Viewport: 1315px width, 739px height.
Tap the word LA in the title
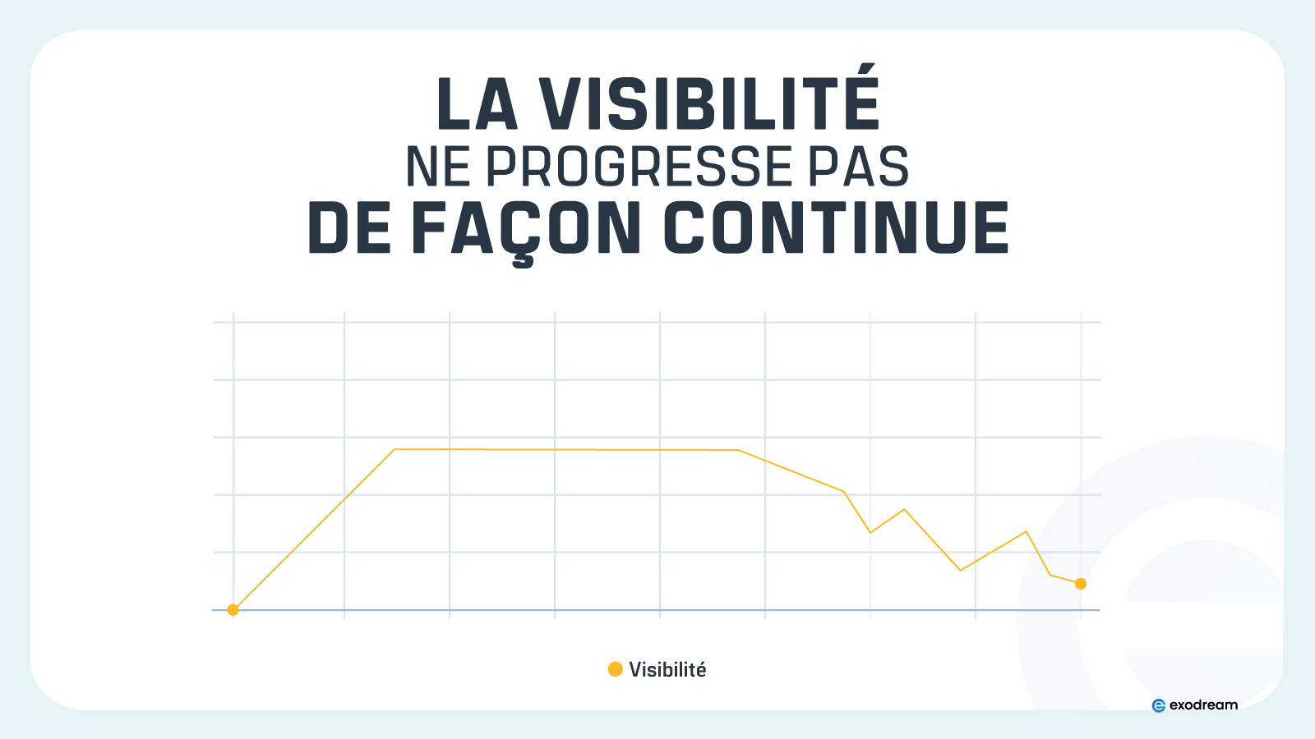click(x=478, y=103)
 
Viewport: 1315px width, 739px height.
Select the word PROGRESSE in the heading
click(x=639, y=167)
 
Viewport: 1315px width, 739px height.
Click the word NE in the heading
click(x=438, y=167)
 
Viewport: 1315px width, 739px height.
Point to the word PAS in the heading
click(x=859, y=167)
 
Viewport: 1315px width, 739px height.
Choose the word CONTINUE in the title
click(x=836, y=227)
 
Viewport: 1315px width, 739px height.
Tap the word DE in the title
click(x=349, y=227)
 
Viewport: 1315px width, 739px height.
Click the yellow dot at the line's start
click(x=233, y=610)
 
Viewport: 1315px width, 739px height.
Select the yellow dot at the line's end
click(x=1081, y=584)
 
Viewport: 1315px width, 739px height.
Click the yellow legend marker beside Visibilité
click(x=616, y=669)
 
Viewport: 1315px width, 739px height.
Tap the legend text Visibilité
click(x=667, y=669)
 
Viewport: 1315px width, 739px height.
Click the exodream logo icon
click(x=1159, y=705)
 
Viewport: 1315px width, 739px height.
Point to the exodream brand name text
click(x=1203, y=705)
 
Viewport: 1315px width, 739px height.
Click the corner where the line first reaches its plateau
click(x=394, y=449)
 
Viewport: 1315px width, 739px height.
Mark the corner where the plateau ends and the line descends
click(x=738, y=450)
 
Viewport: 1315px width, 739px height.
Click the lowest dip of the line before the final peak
click(x=961, y=570)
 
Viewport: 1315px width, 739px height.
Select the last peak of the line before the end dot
click(x=1027, y=531)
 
